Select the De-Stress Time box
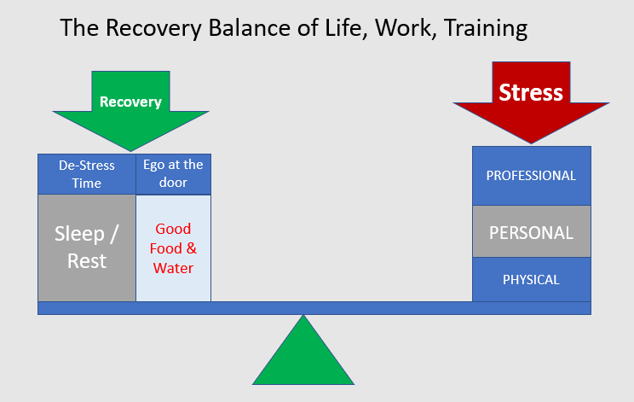tap(87, 174)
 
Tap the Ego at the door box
tap(173, 174)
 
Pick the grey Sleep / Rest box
tap(87, 248)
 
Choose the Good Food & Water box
tap(173, 248)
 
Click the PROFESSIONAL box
tap(531, 176)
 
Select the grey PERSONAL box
tap(531, 232)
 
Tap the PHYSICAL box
tap(531, 279)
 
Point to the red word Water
tap(173, 268)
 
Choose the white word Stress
tap(531, 92)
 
